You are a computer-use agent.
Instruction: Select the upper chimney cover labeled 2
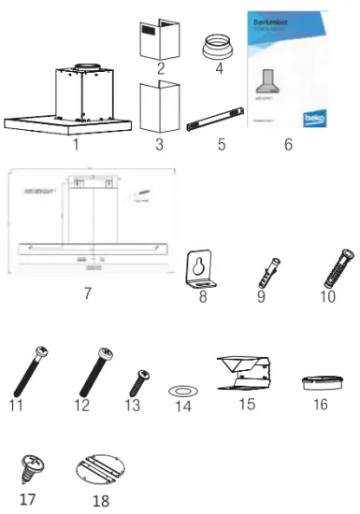[159, 37]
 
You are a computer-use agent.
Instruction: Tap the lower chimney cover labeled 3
[159, 110]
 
